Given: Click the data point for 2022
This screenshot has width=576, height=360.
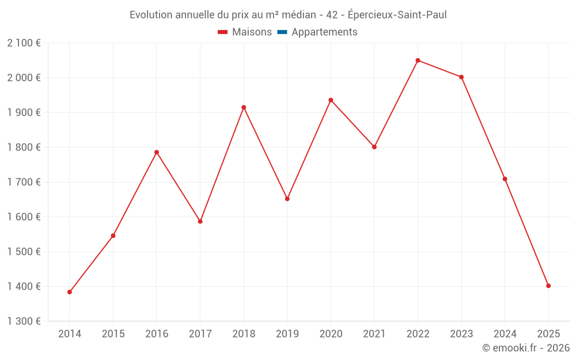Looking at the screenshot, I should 418,60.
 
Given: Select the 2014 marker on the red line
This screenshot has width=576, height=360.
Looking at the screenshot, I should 70,292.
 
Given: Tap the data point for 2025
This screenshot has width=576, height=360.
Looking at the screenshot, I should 548,286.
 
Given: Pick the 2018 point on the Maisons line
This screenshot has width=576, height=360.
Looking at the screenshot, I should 244,107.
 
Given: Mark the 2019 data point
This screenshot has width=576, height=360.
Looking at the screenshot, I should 287,199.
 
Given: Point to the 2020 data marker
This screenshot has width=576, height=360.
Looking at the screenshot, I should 331,100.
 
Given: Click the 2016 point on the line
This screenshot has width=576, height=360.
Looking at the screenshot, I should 157,152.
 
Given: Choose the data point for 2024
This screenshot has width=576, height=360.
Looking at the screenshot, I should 505,179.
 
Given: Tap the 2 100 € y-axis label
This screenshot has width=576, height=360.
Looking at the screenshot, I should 24,43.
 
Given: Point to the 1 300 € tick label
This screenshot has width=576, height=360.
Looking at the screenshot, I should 24,321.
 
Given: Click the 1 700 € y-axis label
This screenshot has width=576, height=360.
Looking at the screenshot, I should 24,183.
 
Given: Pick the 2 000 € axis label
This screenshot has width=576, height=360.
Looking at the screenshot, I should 24,78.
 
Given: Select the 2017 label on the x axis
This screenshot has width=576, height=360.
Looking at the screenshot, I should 200,334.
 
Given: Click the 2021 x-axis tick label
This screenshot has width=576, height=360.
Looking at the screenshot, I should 374,334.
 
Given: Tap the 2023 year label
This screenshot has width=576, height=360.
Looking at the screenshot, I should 461,334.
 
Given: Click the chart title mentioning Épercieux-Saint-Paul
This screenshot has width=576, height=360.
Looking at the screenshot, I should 288,15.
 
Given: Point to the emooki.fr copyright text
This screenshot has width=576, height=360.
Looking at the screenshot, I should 526,348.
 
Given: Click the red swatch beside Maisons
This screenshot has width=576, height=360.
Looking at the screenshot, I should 223,32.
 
